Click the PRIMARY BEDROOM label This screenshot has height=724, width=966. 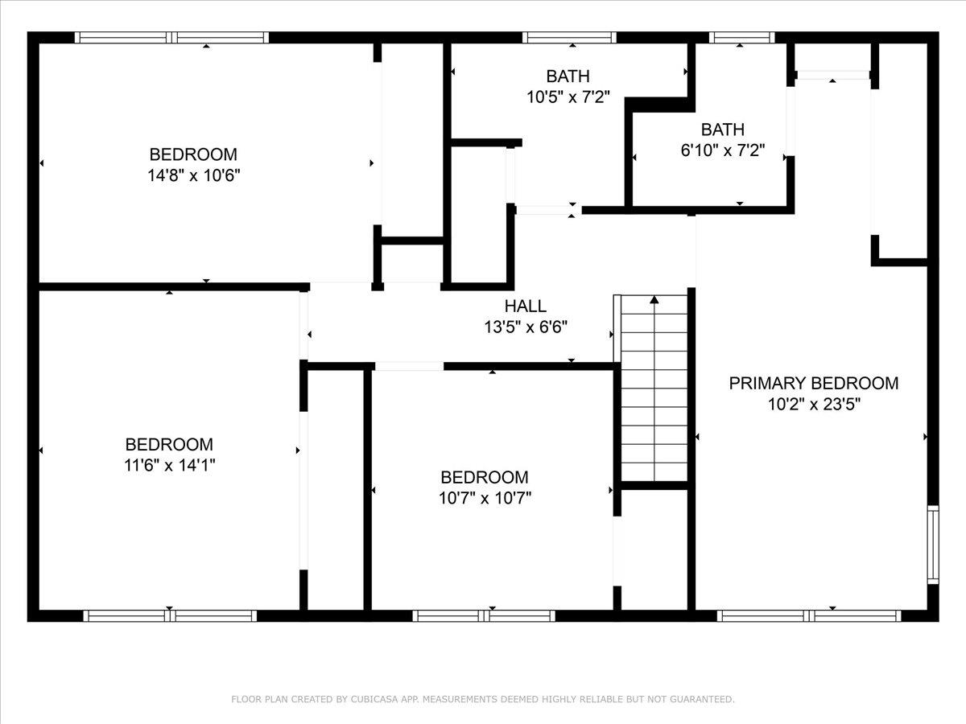pyautogui.click(x=813, y=384)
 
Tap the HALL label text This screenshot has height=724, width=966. pyautogui.click(x=525, y=306)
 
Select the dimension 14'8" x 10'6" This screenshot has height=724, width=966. pyautogui.click(x=193, y=175)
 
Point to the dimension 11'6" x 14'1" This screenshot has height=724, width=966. pyautogui.click(x=169, y=465)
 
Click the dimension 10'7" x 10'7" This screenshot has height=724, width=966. pyautogui.click(x=485, y=498)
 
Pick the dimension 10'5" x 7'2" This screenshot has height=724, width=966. pyautogui.click(x=568, y=97)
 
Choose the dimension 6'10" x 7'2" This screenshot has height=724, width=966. pyautogui.click(x=722, y=150)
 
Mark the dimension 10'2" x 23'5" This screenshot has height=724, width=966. pyautogui.click(x=813, y=405)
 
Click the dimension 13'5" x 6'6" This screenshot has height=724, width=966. pyautogui.click(x=525, y=327)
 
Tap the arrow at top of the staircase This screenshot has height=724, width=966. pyautogui.click(x=654, y=301)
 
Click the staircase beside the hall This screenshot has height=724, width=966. pyautogui.click(x=654, y=394)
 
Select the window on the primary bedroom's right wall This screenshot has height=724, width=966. pyautogui.click(x=932, y=544)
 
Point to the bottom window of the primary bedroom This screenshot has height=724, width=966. pyautogui.click(x=808, y=616)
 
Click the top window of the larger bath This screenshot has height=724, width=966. pyautogui.click(x=568, y=37)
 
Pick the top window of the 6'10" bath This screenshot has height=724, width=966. pyautogui.click(x=741, y=37)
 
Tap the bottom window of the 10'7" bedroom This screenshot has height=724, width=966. pyautogui.click(x=484, y=616)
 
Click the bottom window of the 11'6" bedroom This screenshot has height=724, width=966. pyautogui.click(x=170, y=616)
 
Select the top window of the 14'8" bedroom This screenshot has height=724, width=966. pyautogui.click(x=171, y=37)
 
